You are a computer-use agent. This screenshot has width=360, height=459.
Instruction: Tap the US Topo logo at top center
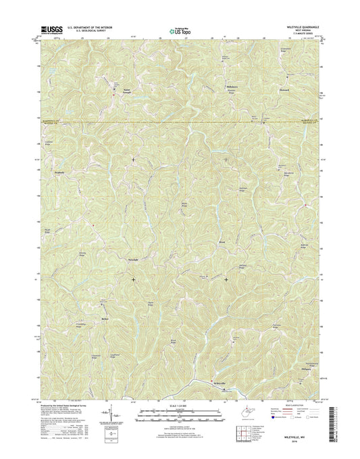180,30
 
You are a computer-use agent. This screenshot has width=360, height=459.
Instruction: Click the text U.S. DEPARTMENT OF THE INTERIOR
91,26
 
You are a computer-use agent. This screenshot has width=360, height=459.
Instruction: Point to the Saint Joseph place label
126,89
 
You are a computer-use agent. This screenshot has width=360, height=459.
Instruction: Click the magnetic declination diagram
107,414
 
